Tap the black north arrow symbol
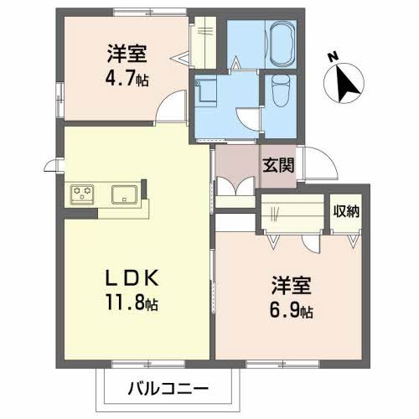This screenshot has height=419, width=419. click(x=347, y=82)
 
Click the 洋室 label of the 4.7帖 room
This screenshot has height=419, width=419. click(x=127, y=54)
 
